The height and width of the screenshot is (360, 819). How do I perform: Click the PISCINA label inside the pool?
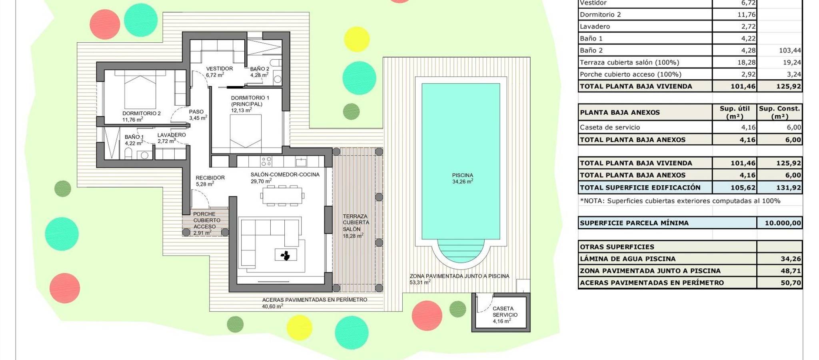coord(462,175)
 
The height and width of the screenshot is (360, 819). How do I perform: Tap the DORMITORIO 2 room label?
coord(141,113)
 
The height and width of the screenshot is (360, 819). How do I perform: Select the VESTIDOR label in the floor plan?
coord(219,68)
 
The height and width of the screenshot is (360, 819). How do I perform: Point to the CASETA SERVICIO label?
coord(505,312)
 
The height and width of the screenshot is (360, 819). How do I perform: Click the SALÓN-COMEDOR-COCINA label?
coord(285,174)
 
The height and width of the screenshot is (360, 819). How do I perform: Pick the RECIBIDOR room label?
coord(210,178)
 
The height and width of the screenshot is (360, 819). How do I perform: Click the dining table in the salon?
coord(282,196)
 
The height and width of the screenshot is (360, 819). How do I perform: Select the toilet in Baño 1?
coord(128,154)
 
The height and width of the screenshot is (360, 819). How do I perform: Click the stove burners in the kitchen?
coord(266,161)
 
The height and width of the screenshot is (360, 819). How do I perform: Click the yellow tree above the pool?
coord(356,39)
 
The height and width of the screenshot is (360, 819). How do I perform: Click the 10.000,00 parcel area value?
coord(783,223)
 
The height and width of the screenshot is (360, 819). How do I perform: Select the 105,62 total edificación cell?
coord(743,187)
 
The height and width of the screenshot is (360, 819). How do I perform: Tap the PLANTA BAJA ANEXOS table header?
coord(620,112)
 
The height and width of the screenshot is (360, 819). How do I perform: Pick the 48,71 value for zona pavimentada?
coord(791,271)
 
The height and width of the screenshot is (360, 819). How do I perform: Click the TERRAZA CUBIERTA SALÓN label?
coord(356,223)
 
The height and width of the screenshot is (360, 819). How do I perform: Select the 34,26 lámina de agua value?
coord(791,259)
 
